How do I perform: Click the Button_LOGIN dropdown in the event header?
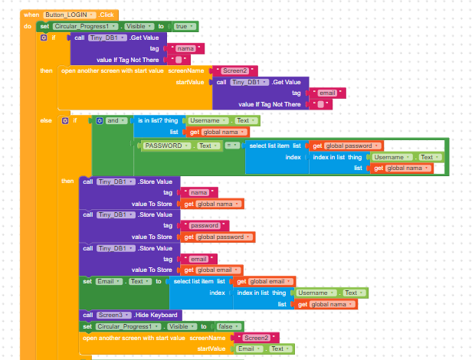[70, 15]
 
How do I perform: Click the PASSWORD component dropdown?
[166, 146]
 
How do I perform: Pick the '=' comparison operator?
[230, 146]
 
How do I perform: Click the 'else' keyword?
[46, 121]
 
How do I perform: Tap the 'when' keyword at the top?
[31, 15]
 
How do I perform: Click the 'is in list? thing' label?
[159, 121]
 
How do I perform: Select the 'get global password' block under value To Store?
[218, 237]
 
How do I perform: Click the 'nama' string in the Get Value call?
[185, 48]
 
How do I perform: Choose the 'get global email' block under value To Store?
[213, 270]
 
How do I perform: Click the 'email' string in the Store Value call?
[198, 259]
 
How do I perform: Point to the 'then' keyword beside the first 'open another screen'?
[47, 70]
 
